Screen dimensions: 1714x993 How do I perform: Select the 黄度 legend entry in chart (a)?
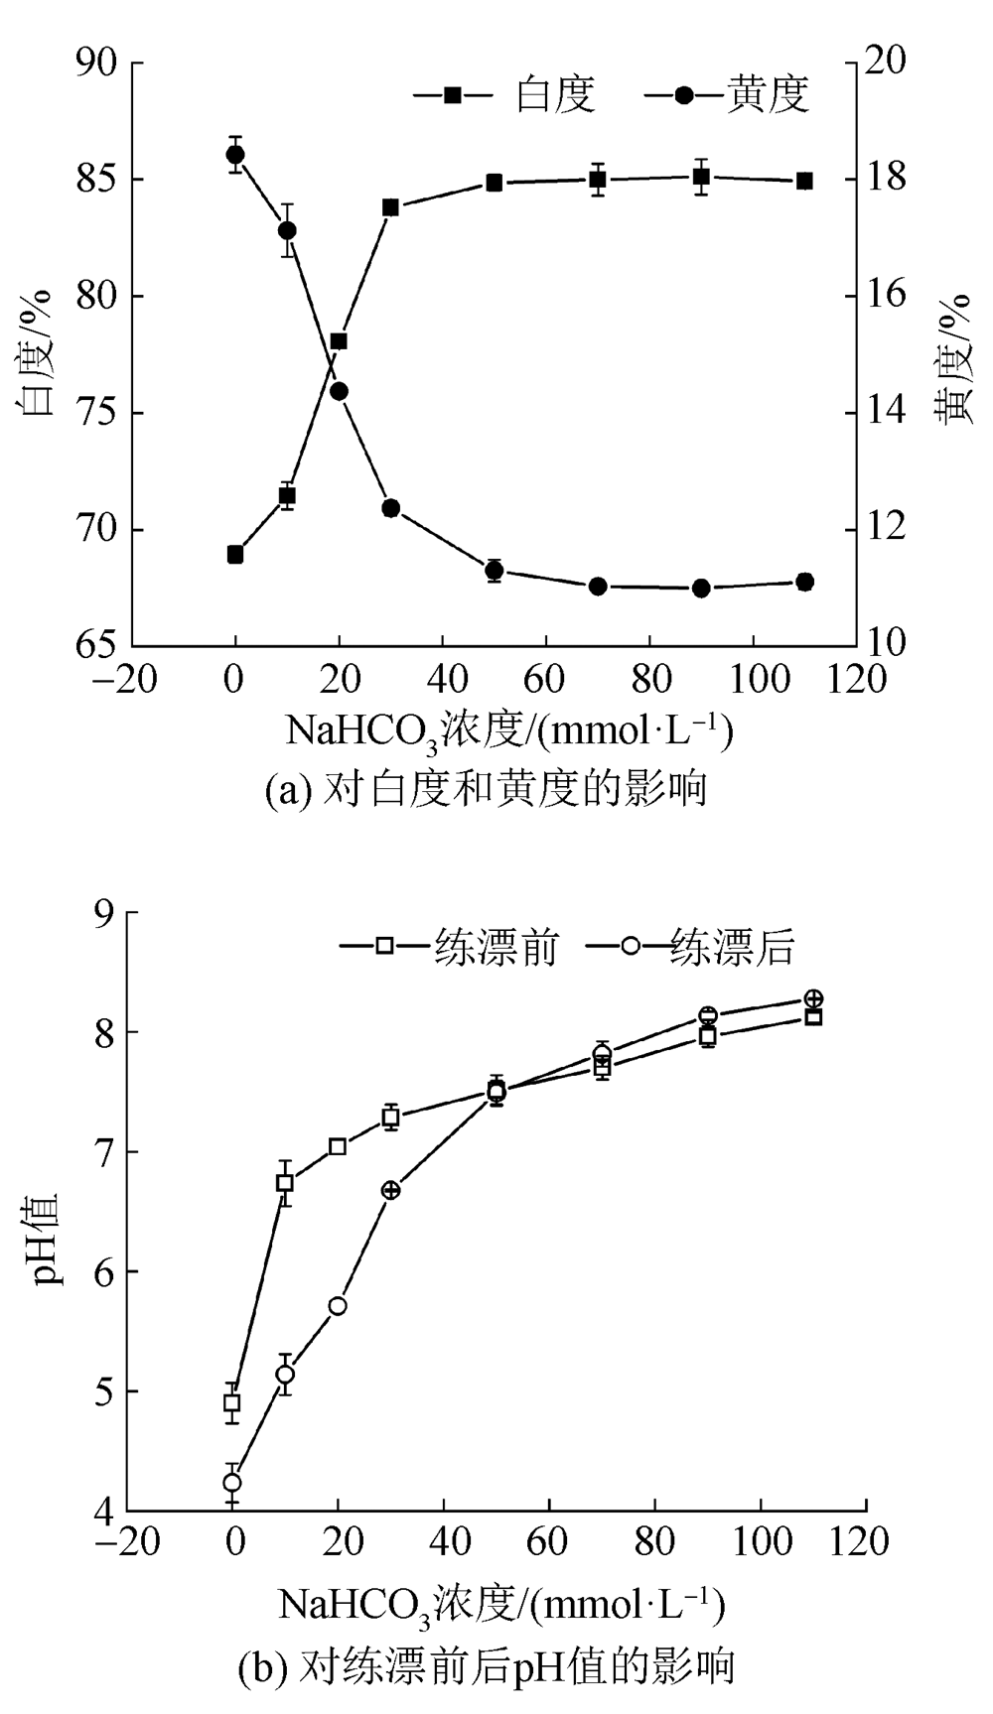click(x=728, y=94)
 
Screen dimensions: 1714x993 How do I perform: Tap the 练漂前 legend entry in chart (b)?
click(x=450, y=946)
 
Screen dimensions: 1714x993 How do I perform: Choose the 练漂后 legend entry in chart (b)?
click(x=691, y=946)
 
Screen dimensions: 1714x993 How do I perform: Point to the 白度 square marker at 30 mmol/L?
click(x=390, y=207)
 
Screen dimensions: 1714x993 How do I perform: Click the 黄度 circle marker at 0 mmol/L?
click(x=235, y=154)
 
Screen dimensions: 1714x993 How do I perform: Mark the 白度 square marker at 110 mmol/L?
click(x=804, y=181)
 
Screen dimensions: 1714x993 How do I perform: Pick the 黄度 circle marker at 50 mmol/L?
click(x=495, y=570)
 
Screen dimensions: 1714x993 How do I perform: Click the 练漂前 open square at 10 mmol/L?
click(x=285, y=1183)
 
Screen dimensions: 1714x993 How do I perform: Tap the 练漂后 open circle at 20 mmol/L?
click(x=338, y=1306)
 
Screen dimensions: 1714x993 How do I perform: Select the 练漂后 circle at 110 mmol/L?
click(x=813, y=998)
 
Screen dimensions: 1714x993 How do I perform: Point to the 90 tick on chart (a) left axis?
click(x=98, y=63)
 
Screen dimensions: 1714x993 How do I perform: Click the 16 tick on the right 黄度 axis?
click(x=886, y=295)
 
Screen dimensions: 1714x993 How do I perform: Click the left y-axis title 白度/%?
click(x=38, y=354)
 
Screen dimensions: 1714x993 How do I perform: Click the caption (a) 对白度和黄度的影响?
click(x=486, y=789)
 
